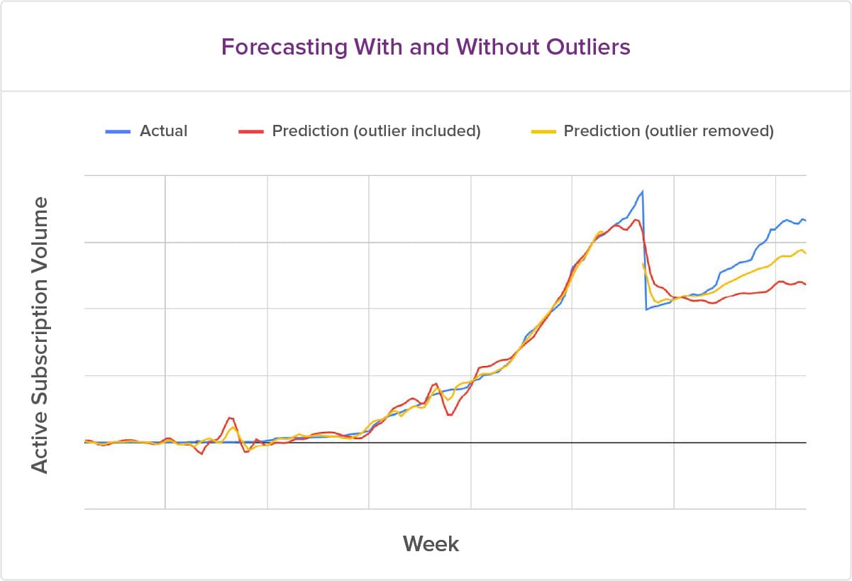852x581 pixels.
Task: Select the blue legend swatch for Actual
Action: click(117, 131)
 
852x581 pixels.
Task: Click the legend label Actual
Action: click(164, 131)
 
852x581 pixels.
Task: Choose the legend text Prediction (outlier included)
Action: click(376, 131)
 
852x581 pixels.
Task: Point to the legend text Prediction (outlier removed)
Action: click(668, 131)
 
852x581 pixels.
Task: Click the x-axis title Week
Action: click(431, 544)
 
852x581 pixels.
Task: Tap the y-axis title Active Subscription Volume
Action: click(40, 335)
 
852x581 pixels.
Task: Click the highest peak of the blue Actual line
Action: click(643, 191)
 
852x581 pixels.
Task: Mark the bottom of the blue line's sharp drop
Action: click(646, 309)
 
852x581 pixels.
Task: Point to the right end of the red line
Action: click(806, 284)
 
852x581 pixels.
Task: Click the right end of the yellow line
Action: click(806, 253)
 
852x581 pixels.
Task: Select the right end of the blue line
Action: click(806, 221)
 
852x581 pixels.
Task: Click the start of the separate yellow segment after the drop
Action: click(643, 264)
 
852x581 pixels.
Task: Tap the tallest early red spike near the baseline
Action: click(230, 418)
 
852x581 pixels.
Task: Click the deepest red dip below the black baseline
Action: click(202, 454)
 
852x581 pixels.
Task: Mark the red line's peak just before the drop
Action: click(636, 220)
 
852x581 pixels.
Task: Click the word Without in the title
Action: click(489, 47)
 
